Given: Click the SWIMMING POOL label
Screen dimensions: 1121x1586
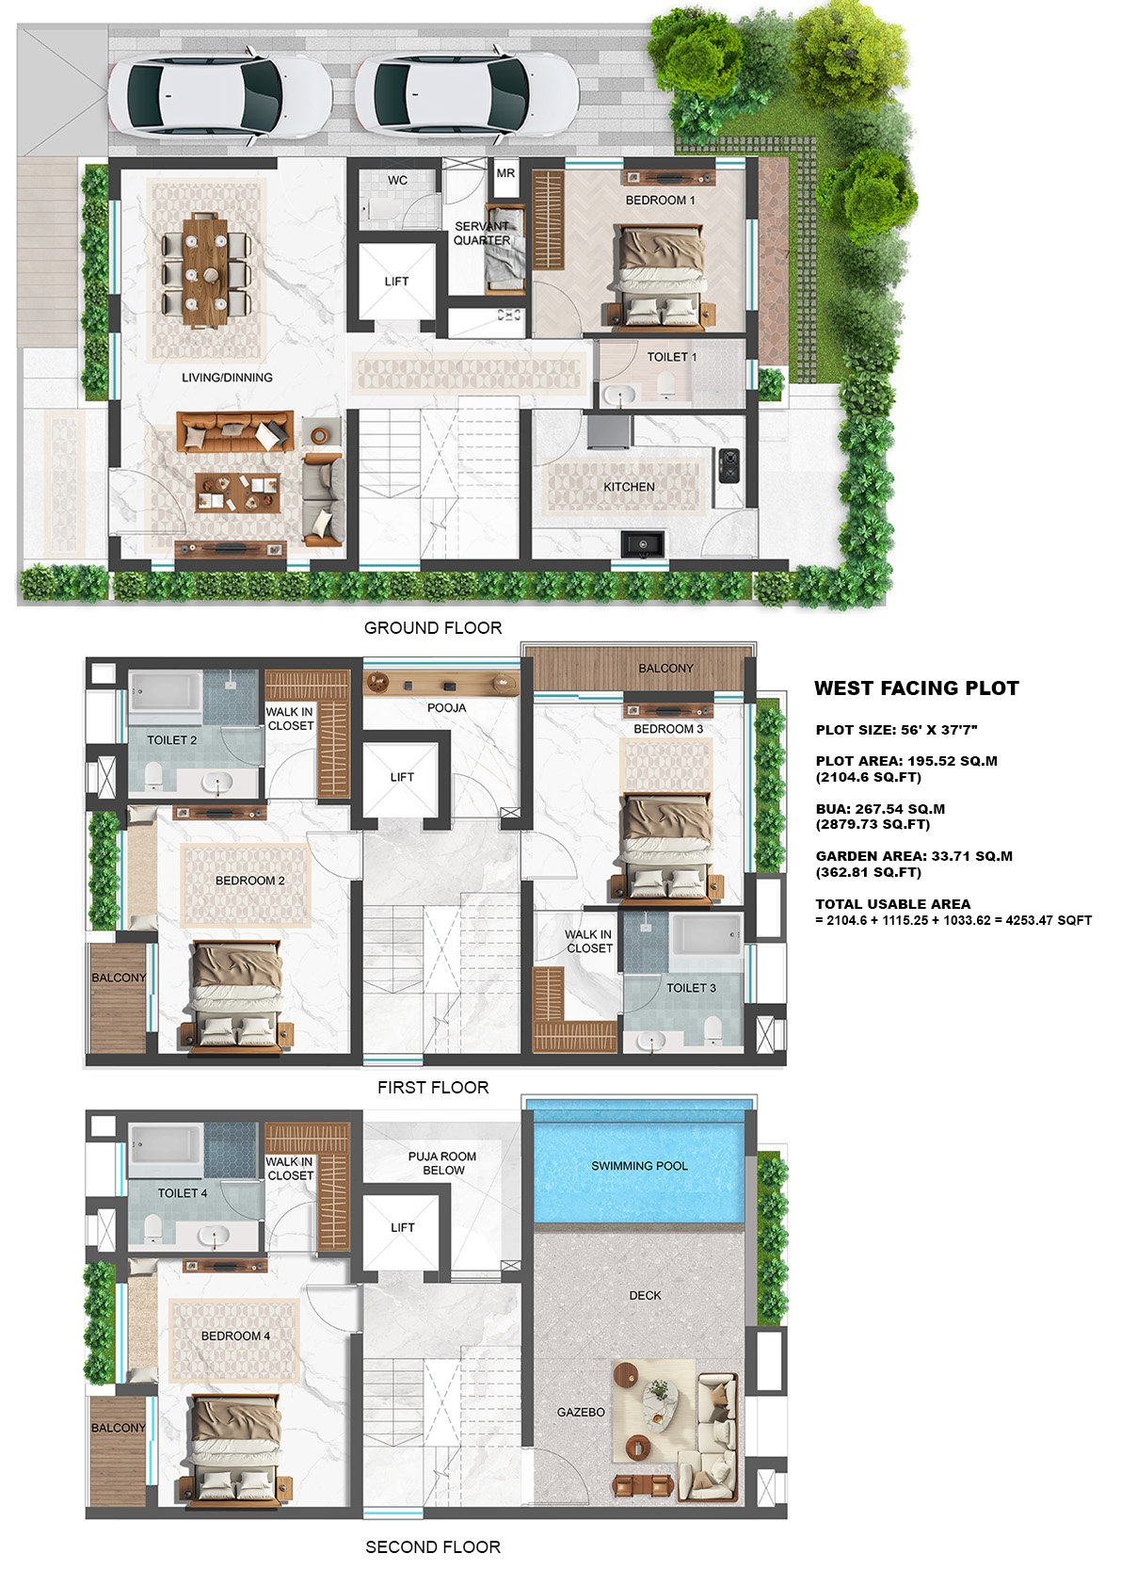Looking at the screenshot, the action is [x=639, y=1166].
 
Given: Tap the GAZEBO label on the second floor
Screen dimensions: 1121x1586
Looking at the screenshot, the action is [x=581, y=1413].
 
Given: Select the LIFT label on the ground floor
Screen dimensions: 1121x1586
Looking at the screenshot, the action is [x=396, y=281].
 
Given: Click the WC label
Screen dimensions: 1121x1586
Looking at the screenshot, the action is [x=397, y=181].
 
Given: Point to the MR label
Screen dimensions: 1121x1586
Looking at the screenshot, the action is [x=505, y=172].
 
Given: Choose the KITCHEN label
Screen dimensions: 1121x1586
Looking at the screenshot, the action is [x=629, y=487].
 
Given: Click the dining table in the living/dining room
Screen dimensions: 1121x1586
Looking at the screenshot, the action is [x=205, y=272].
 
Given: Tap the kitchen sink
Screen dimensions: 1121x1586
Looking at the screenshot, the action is [x=643, y=543].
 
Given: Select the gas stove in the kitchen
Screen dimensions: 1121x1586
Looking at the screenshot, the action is [x=729, y=465].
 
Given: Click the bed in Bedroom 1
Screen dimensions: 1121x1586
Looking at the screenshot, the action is [x=661, y=278].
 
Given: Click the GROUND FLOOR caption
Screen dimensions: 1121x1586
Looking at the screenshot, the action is [x=433, y=628].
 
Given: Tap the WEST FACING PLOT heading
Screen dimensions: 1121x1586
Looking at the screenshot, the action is [x=917, y=688].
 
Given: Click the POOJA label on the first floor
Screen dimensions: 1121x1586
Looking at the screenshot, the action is [x=446, y=707].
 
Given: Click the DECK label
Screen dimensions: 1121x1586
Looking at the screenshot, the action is [x=645, y=1296].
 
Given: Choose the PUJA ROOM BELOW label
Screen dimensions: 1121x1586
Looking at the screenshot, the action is [x=442, y=1163].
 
